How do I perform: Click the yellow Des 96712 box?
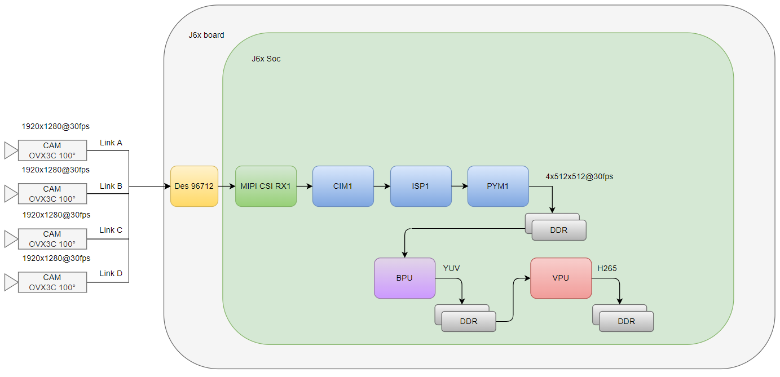pos(194,186)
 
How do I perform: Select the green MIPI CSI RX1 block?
pos(266,186)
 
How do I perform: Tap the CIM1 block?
pos(343,186)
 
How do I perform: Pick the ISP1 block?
pos(421,186)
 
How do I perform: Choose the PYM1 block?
pos(498,186)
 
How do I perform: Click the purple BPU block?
pos(404,278)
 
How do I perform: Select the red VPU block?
pos(561,278)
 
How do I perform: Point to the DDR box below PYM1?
pos(559,230)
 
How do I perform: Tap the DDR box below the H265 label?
pos(626,321)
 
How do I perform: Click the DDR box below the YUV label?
pos(469,321)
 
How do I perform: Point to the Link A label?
pos(111,143)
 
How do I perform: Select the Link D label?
pos(111,274)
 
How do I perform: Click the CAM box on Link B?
pos(52,193)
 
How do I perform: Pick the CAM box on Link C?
pos(52,238)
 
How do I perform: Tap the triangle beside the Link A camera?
pos(11,150)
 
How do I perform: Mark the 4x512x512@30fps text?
pos(579,176)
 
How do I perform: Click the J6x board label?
pos(206,35)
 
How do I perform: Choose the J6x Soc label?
pos(266,59)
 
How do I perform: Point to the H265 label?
pos(607,268)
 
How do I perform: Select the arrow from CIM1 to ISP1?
pos(382,186)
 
